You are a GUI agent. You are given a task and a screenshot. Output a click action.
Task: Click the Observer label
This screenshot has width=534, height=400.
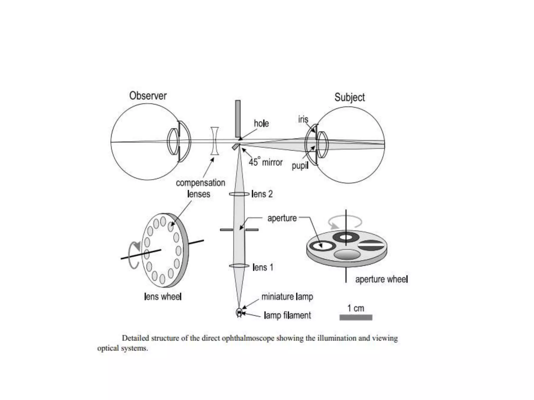(148, 96)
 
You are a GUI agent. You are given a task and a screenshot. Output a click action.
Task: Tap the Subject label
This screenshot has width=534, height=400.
(349, 97)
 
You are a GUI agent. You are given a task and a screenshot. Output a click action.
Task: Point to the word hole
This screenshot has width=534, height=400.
(261, 123)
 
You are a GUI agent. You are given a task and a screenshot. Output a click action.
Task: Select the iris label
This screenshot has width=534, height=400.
(303, 119)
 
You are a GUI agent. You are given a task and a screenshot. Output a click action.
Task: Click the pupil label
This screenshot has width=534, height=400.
(300, 165)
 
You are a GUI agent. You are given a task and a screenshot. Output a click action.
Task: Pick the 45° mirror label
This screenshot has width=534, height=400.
(265, 162)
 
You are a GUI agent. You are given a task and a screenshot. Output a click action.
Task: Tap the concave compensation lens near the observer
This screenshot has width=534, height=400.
(215, 141)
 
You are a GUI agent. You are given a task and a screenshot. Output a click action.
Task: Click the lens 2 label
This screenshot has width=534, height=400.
(262, 194)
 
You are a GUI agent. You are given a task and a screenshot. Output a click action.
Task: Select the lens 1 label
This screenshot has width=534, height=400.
(263, 267)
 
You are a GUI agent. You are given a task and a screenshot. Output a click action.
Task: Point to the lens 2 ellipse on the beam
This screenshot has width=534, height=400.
(239, 194)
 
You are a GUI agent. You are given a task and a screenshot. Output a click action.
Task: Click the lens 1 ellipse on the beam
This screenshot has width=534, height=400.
(239, 266)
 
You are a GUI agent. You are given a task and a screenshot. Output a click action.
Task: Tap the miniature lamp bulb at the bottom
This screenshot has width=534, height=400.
(239, 312)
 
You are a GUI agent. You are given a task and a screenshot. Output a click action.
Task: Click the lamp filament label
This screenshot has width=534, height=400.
(287, 315)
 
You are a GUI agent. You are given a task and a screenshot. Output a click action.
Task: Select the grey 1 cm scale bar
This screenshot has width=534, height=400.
(356, 317)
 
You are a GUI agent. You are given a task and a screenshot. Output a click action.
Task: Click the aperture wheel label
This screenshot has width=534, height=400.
(381, 279)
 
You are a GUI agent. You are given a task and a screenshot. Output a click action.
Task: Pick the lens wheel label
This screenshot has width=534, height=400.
(163, 296)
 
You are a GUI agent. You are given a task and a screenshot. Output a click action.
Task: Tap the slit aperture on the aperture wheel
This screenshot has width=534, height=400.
(371, 245)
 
